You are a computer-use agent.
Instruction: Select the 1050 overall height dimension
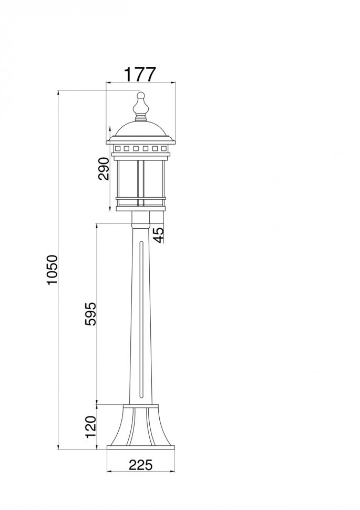[52, 270]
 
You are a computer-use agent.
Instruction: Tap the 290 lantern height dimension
[104, 169]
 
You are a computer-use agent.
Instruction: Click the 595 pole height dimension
[91, 314]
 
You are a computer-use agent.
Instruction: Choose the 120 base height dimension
[91, 427]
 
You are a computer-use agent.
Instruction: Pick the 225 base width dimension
[140, 465]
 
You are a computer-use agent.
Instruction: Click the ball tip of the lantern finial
[140, 95]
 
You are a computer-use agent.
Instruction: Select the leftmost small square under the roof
[117, 149]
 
